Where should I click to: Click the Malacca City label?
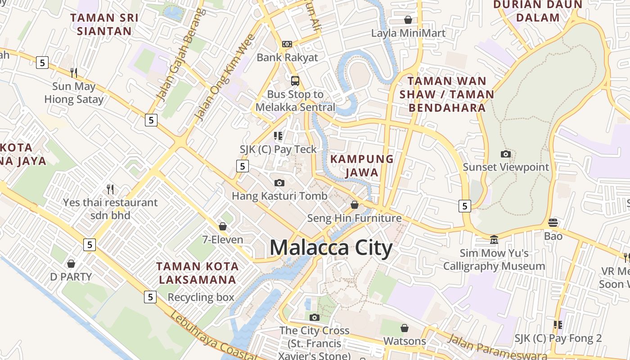click(331, 248)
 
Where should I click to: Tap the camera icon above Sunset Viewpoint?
click(506, 154)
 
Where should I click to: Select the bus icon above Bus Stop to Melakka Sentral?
click(295, 81)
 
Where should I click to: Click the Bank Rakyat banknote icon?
click(287, 44)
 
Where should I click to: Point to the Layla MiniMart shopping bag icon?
click(408, 20)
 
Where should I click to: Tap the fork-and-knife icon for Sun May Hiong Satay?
click(74, 72)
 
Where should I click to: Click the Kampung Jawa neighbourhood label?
click(362, 165)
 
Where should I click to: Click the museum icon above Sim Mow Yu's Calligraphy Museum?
click(494, 239)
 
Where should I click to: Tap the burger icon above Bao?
click(553, 222)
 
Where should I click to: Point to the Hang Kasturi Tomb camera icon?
click(279, 183)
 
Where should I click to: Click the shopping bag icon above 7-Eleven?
click(222, 226)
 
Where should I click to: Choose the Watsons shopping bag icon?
click(405, 328)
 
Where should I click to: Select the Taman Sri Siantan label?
click(104, 24)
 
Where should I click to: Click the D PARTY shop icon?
click(71, 264)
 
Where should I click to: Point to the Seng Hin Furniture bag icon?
click(355, 205)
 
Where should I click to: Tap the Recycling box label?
click(201, 297)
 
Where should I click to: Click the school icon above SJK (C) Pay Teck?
click(278, 135)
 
